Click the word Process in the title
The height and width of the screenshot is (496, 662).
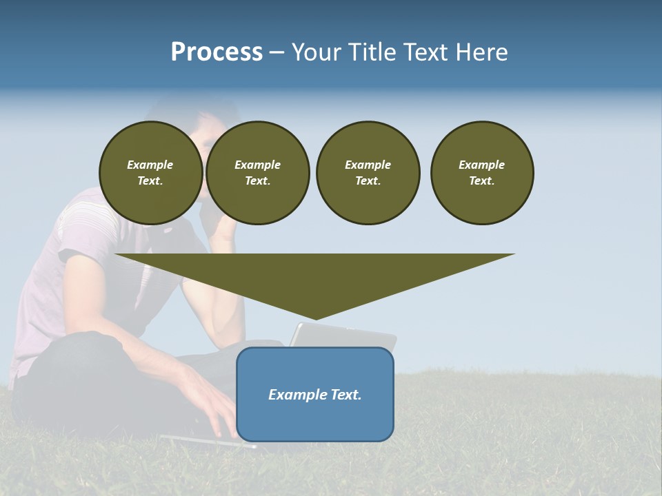click(217, 52)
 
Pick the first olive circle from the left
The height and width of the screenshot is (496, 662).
click(150, 173)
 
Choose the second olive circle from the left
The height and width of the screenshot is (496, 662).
click(258, 173)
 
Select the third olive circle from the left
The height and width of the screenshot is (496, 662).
click(368, 173)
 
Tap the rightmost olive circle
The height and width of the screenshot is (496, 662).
click(482, 173)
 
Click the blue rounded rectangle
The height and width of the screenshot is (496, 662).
click(315, 420)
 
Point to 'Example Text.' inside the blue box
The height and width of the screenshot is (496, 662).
click(315, 395)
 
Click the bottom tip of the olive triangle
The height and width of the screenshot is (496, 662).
click(315, 318)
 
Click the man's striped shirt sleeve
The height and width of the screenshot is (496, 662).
click(86, 227)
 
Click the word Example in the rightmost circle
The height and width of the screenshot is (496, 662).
click(481, 165)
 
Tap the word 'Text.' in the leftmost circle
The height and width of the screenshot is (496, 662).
click(150, 181)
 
